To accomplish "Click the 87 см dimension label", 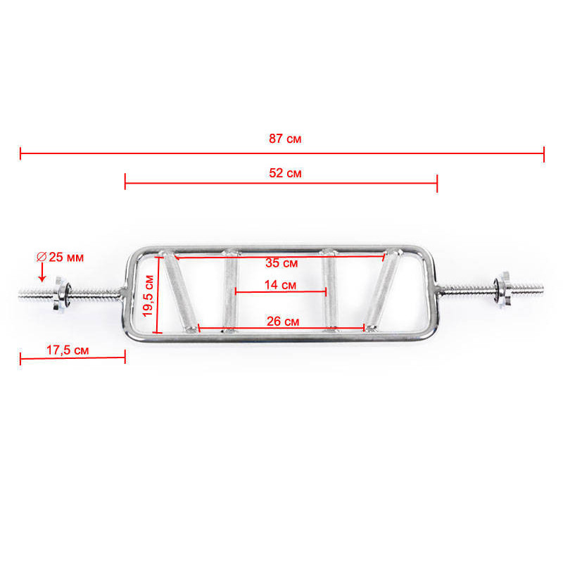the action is tap(285, 139).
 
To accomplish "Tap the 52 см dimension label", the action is tap(285, 173).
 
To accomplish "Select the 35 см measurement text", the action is tap(281, 262).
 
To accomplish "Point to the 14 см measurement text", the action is tap(280, 285).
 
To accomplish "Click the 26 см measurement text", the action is tap(283, 322).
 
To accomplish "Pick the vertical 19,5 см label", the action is tap(148, 296).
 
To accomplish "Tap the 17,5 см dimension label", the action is tap(68, 350).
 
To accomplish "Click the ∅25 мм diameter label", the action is tap(60, 257).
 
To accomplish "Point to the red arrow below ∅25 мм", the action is tap(42, 272).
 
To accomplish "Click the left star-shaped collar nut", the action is tap(61, 293).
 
